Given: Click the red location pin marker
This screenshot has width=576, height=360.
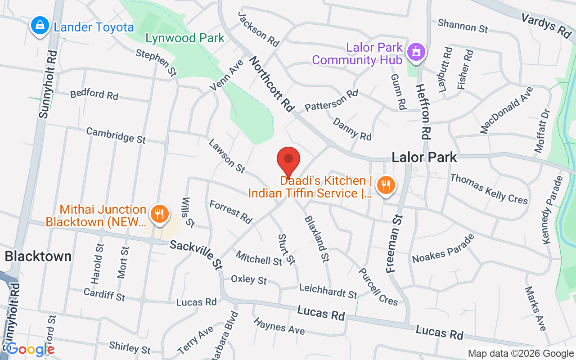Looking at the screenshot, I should click(x=288, y=160).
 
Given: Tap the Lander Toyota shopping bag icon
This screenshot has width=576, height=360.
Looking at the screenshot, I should click(x=40, y=26).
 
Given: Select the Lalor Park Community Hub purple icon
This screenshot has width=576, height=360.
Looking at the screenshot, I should click(x=416, y=52).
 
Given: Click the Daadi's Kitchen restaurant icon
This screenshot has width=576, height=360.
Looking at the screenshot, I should click(x=385, y=185).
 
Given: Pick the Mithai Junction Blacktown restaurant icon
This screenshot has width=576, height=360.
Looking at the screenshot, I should click(x=159, y=213).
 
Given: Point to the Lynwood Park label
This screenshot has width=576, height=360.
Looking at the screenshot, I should click(x=184, y=38).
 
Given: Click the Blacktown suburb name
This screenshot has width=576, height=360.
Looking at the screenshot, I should click(x=38, y=256).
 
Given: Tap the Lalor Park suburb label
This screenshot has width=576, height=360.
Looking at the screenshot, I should click(x=424, y=157).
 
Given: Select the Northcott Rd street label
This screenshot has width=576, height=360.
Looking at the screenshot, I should click(x=272, y=84).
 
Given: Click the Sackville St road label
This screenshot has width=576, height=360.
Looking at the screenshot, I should click(x=196, y=255).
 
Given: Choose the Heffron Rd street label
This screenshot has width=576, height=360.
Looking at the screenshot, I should click(x=423, y=111).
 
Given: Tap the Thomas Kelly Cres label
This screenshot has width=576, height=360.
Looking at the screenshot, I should click(x=489, y=189).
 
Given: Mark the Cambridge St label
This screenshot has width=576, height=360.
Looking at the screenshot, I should click(x=116, y=135).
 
